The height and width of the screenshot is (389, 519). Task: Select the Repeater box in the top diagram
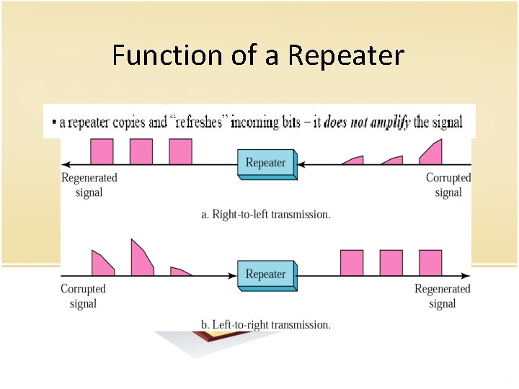click(x=266, y=164)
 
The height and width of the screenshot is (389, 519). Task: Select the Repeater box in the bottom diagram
click(x=266, y=275)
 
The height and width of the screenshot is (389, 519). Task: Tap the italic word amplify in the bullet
click(x=389, y=122)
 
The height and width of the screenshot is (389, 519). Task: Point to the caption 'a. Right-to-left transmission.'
click(x=265, y=214)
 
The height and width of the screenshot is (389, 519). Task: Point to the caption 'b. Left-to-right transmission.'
click(x=265, y=325)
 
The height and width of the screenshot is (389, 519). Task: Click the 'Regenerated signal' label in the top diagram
click(x=89, y=184)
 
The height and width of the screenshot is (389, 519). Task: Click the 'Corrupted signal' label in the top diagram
click(x=448, y=184)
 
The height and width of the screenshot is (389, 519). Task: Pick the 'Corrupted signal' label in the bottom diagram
click(x=83, y=296)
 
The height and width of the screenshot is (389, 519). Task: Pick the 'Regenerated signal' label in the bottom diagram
click(x=442, y=296)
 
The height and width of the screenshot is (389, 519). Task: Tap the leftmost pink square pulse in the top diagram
click(x=102, y=152)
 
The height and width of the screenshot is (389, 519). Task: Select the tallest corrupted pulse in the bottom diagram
click(x=141, y=259)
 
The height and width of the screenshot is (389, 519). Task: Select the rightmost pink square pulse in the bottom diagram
click(x=430, y=262)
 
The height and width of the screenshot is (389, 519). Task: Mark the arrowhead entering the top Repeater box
click(x=302, y=165)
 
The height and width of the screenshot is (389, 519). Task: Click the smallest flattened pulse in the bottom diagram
click(x=180, y=272)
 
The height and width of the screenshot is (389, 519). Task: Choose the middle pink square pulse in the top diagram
click(x=141, y=152)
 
